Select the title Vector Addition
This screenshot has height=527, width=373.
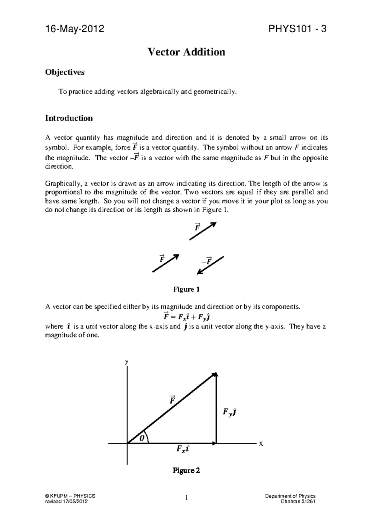click(186, 52)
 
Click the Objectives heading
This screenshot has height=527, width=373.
click(65, 72)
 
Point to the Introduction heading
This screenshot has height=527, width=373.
click(69, 118)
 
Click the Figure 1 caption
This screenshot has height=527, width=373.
click(186, 289)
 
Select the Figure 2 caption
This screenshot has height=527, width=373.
click(186, 470)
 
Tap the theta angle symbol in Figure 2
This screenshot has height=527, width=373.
click(142, 438)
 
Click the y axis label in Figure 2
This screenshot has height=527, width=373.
click(127, 362)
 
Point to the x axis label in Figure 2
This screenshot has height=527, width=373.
click(261, 444)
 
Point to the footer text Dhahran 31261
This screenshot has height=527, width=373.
click(298, 502)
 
